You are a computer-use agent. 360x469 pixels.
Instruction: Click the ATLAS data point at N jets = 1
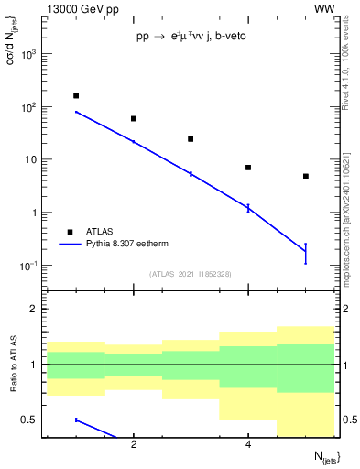76,95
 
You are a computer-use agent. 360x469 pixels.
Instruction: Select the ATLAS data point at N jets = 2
134,118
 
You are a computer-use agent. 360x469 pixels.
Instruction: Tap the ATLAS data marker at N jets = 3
191,139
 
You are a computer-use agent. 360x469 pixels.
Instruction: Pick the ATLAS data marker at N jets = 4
248,168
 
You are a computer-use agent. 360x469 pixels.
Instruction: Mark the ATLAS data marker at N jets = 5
306,176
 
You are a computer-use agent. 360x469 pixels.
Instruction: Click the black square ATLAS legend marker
69,232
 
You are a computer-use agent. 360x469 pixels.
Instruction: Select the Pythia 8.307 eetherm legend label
129,245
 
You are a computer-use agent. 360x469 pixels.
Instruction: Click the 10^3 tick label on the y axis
29,54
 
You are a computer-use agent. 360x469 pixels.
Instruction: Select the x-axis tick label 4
248,444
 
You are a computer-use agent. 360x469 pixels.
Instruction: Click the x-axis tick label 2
134,444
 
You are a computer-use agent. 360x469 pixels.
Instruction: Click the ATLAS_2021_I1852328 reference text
191,274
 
